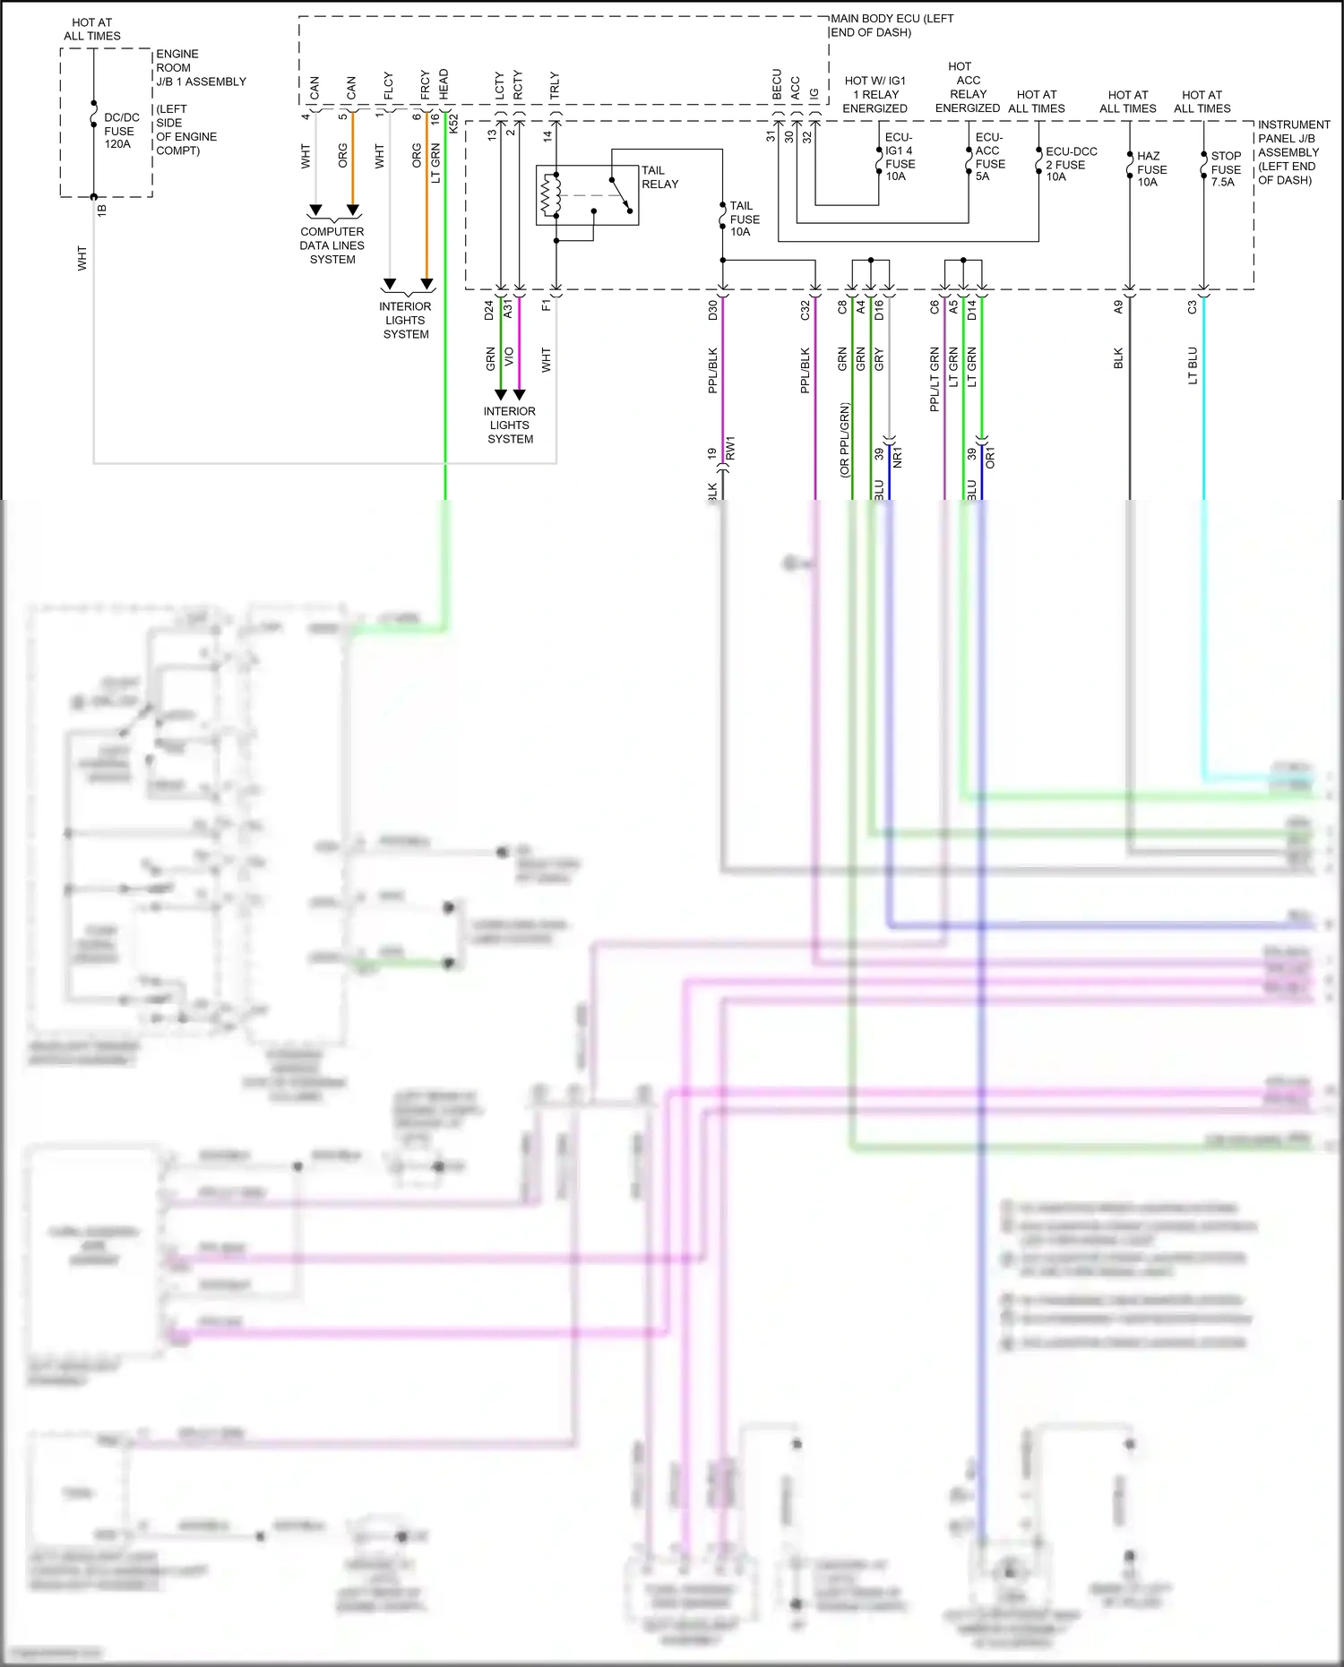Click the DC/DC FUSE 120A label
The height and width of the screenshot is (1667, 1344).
pyautogui.click(x=120, y=131)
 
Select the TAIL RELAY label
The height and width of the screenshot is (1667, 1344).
pyautogui.click(x=659, y=177)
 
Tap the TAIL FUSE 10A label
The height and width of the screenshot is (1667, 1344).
pyautogui.click(x=744, y=219)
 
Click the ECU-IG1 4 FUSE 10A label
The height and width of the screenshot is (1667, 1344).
pyautogui.click(x=900, y=158)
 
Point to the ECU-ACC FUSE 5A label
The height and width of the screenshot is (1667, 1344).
pyautogui.click(x=989, y=158)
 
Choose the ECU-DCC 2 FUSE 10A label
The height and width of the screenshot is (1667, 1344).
pyautogui.click(x=1070, y=164)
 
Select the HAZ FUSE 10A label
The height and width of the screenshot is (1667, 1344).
pyautogui.click(x=1150, y=168)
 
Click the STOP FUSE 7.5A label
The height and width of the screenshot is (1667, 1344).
pyautogui.click(x=1225, y=168)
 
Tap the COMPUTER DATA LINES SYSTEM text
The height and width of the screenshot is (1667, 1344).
pyautogui.click(x=332, y=245)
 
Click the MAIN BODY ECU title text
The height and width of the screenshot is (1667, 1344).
pyautogui.click(x=891, y=25)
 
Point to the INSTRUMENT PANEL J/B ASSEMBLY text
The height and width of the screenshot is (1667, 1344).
pyautogui.click(x=1292, y=152)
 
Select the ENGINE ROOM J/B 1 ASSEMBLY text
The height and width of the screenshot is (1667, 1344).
pyautogui.click(x=200, y=68)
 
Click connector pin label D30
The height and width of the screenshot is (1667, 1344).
pyautogui.click(x=713, y=311)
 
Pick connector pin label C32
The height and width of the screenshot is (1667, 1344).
pyautogui.click(x=805, y=311)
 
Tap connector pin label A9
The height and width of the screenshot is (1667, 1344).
pyautogui.click(x=1118, y=307)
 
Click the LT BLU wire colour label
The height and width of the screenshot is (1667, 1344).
pyautogui.click(x=1193, y=365)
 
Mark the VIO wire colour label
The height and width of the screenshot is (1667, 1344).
pyautogui.click(x=509, y=357)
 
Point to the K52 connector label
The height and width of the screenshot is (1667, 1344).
pyautogui.click(x=453, y=125)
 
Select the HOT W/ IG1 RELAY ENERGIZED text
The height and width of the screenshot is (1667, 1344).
pyautogui.click(x=874, y=94)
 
